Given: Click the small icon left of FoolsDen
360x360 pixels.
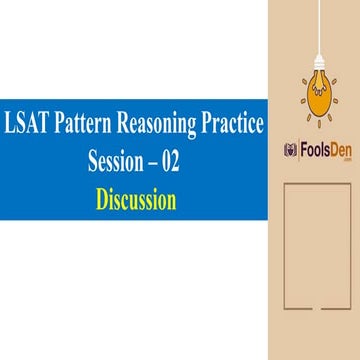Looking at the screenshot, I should point(291,149).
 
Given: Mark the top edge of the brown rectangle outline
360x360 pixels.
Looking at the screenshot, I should point(317,182).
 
